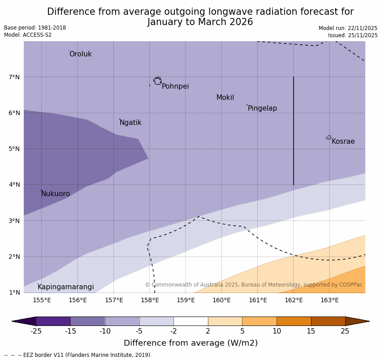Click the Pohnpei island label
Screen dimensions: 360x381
(175, 86)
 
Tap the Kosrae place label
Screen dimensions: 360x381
(343, 141)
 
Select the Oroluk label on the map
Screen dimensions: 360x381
(80, 54)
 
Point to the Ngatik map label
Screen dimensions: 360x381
(130, 123)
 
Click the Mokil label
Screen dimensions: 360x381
(225, 98)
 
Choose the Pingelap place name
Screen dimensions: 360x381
(262, 108)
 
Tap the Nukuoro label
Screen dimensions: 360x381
(56, 194)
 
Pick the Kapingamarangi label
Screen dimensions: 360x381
(65, 287)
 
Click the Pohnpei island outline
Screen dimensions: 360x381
(157, 81)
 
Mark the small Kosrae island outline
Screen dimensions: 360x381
(329, 137)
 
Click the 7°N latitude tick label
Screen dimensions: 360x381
(14, 77)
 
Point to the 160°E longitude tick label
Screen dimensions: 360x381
(221, 300)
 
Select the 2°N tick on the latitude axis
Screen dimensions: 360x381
(14, 257)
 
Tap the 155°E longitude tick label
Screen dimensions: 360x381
(42, 300)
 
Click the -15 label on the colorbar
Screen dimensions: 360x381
(71, 331)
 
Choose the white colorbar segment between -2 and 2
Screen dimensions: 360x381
(190, 321)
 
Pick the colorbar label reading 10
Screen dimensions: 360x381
(277, 331)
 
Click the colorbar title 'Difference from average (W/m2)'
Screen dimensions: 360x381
(190, 343)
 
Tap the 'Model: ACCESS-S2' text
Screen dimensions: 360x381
(28, 35)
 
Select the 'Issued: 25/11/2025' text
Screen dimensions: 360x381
(352, 35)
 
